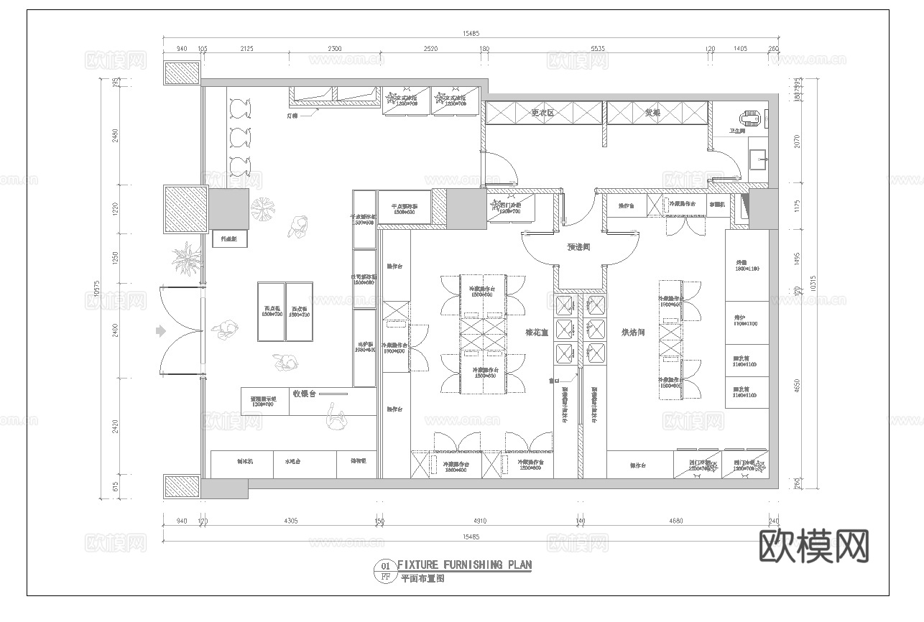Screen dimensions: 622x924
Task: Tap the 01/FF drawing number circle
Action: (x=385, y=570)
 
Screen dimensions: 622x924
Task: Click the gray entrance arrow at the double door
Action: (x=160, y=331)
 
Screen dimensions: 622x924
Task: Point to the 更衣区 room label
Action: (x=542, y=113)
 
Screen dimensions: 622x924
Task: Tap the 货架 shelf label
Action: (x=652, y=113)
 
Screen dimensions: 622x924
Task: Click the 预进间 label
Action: (x=578, y=247)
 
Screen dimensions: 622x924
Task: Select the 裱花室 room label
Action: (x=537, y=333)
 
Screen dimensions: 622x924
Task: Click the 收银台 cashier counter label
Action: (x=305, y=394)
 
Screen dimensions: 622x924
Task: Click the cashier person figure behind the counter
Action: (x=334, y=417)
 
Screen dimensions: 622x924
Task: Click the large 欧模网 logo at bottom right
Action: (x=813, y=547)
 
